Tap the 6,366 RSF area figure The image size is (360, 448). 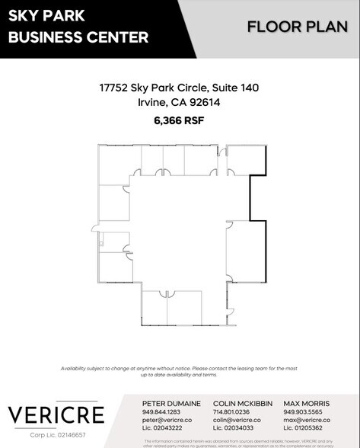179,120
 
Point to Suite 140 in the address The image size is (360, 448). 235,88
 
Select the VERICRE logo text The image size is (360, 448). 56,415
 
